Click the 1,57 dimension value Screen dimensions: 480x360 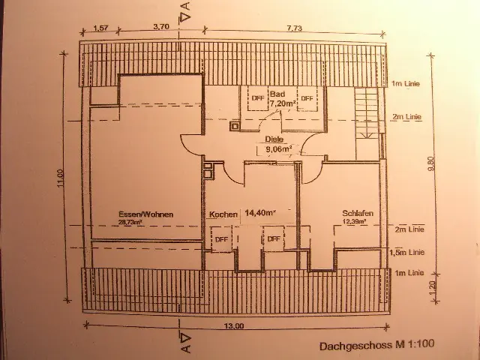(x=100, y=27)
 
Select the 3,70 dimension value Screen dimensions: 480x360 (x=160, y=26)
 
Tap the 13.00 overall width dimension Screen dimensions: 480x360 (x=233, y=326)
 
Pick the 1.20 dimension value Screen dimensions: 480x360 (x=431, y=289)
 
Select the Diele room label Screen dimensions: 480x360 (x=273, y=139)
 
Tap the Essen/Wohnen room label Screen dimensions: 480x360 (x=146, y=214)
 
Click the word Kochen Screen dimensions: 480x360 (x=223, y=214)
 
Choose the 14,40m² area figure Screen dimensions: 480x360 (x=259, y=214)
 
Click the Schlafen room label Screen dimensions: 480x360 (x=358, y=212)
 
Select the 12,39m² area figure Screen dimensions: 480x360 (x=355, y=222)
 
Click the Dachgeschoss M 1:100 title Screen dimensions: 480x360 (x=376, y=346)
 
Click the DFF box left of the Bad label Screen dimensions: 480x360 (x=258, y=97)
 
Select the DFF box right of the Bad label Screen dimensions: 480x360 (x=307, y=97)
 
